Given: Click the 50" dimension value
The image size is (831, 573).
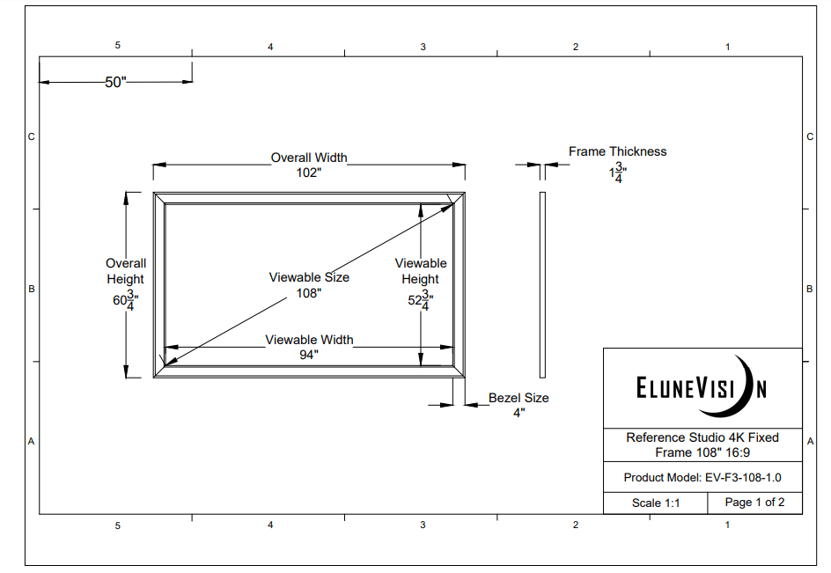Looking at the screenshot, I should coord(116,82).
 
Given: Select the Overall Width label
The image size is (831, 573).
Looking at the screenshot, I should coord(308,158).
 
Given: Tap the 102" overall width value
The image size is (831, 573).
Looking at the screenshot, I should coord(308,173).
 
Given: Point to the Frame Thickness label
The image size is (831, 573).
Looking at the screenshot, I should coord(617,151).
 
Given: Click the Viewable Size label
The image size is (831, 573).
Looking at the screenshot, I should coord(309,277).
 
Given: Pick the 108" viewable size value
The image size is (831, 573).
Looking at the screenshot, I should coord(309,293).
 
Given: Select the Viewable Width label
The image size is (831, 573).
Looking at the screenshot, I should coord(309,340).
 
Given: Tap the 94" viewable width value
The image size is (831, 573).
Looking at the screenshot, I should coord(309,355).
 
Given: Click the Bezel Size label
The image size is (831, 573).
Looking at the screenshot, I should coord(518,398).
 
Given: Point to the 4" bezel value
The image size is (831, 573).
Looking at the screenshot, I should coord(518,412).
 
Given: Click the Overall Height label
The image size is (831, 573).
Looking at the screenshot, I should coord(125,271).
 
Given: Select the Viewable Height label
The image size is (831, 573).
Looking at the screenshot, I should coord(420,271).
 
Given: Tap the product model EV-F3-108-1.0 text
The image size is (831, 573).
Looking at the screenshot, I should coord(702,477).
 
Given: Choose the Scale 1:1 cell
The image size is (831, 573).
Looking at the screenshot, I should coord(655,503).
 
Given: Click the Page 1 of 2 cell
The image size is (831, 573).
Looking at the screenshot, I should coord(754,503).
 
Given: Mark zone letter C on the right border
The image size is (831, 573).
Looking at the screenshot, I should coord(809,136).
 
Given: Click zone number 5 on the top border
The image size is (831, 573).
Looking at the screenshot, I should coord(117,45).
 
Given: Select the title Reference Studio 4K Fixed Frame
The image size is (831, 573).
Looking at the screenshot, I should coord(702,444).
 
